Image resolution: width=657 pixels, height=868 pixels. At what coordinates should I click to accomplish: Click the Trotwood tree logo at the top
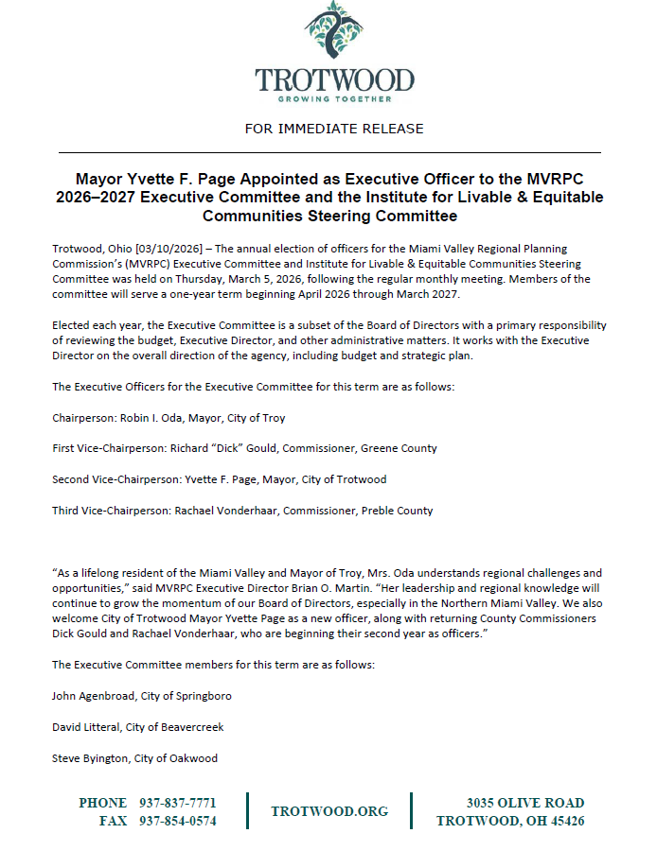point(334,33)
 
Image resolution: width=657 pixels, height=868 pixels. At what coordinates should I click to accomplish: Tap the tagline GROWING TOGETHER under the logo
point(333,97)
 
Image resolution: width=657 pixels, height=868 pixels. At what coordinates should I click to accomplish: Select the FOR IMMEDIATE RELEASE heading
point(333,129)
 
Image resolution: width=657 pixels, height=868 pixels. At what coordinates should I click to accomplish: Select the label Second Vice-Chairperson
point(107,479)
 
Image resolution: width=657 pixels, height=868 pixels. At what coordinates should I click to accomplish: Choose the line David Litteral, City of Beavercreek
point(137,727)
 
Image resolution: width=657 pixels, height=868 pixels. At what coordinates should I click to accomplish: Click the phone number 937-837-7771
point(178,803)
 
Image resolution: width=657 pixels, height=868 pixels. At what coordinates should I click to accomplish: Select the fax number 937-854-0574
point(178,821)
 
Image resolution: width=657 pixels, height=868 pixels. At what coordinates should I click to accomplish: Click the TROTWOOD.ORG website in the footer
point(329,811)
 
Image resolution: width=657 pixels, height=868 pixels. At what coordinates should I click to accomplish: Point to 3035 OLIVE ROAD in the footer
point(524,803)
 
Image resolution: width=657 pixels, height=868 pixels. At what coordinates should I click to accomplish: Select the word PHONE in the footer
point(103,803)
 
